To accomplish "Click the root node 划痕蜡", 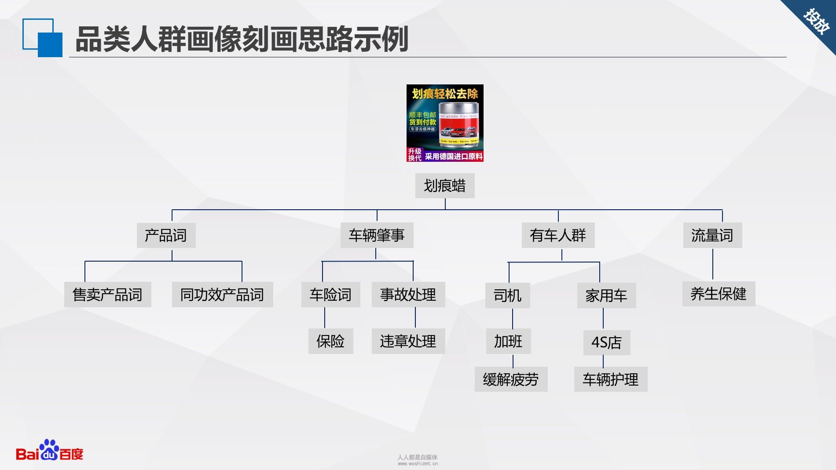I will coord(444,186).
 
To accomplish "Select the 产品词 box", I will coord(166,235).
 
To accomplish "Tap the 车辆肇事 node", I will coord(377,235).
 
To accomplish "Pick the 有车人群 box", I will coord(558,235).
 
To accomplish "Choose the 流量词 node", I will coord(712,235).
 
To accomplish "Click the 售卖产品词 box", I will coord(107,295).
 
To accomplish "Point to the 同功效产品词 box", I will coord(222,295).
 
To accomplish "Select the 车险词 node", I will coord(330,295).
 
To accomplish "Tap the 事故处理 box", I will coord(408,295).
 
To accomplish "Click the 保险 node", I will coord(330,341).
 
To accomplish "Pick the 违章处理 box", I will coord(408,341).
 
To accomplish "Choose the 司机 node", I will coord(507,295).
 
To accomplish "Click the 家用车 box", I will coord(606,295).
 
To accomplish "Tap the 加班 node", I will coord(508,341).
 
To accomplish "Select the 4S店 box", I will coord(607,342).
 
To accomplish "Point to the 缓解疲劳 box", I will coord(511,379).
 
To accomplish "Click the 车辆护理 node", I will coord(611,379).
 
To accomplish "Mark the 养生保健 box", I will coord(719,294).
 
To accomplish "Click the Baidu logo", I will coord(49,451).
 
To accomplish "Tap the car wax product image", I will coord(445,123).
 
